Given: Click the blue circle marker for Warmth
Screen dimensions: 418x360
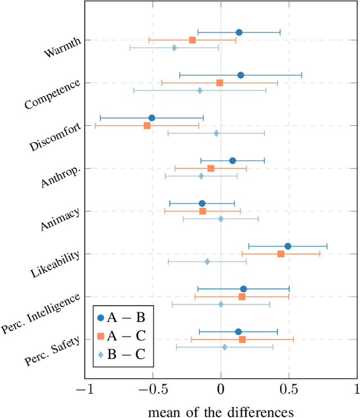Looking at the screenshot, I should click(239, 32).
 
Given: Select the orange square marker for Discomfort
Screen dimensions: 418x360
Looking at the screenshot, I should click(147, 126).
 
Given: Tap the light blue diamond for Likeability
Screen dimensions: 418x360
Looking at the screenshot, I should click(207, 262).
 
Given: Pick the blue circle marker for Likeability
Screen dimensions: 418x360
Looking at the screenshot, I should click(287, 246).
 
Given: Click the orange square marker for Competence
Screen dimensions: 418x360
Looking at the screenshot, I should click(220, 83).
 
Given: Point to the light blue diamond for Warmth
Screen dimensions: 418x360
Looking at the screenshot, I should click(174, 48).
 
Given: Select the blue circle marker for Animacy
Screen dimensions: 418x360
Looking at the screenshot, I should click(202, 203).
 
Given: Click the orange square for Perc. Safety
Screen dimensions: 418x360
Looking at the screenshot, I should click(242, 339).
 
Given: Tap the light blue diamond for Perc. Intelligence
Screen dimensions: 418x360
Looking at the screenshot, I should click(220, 305).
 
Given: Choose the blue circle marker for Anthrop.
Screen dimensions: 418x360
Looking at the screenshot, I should click(232, 161).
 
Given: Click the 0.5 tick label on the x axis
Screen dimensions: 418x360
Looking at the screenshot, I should click(289, 389).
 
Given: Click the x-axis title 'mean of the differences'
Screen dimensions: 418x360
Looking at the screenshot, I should click(220, 411).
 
